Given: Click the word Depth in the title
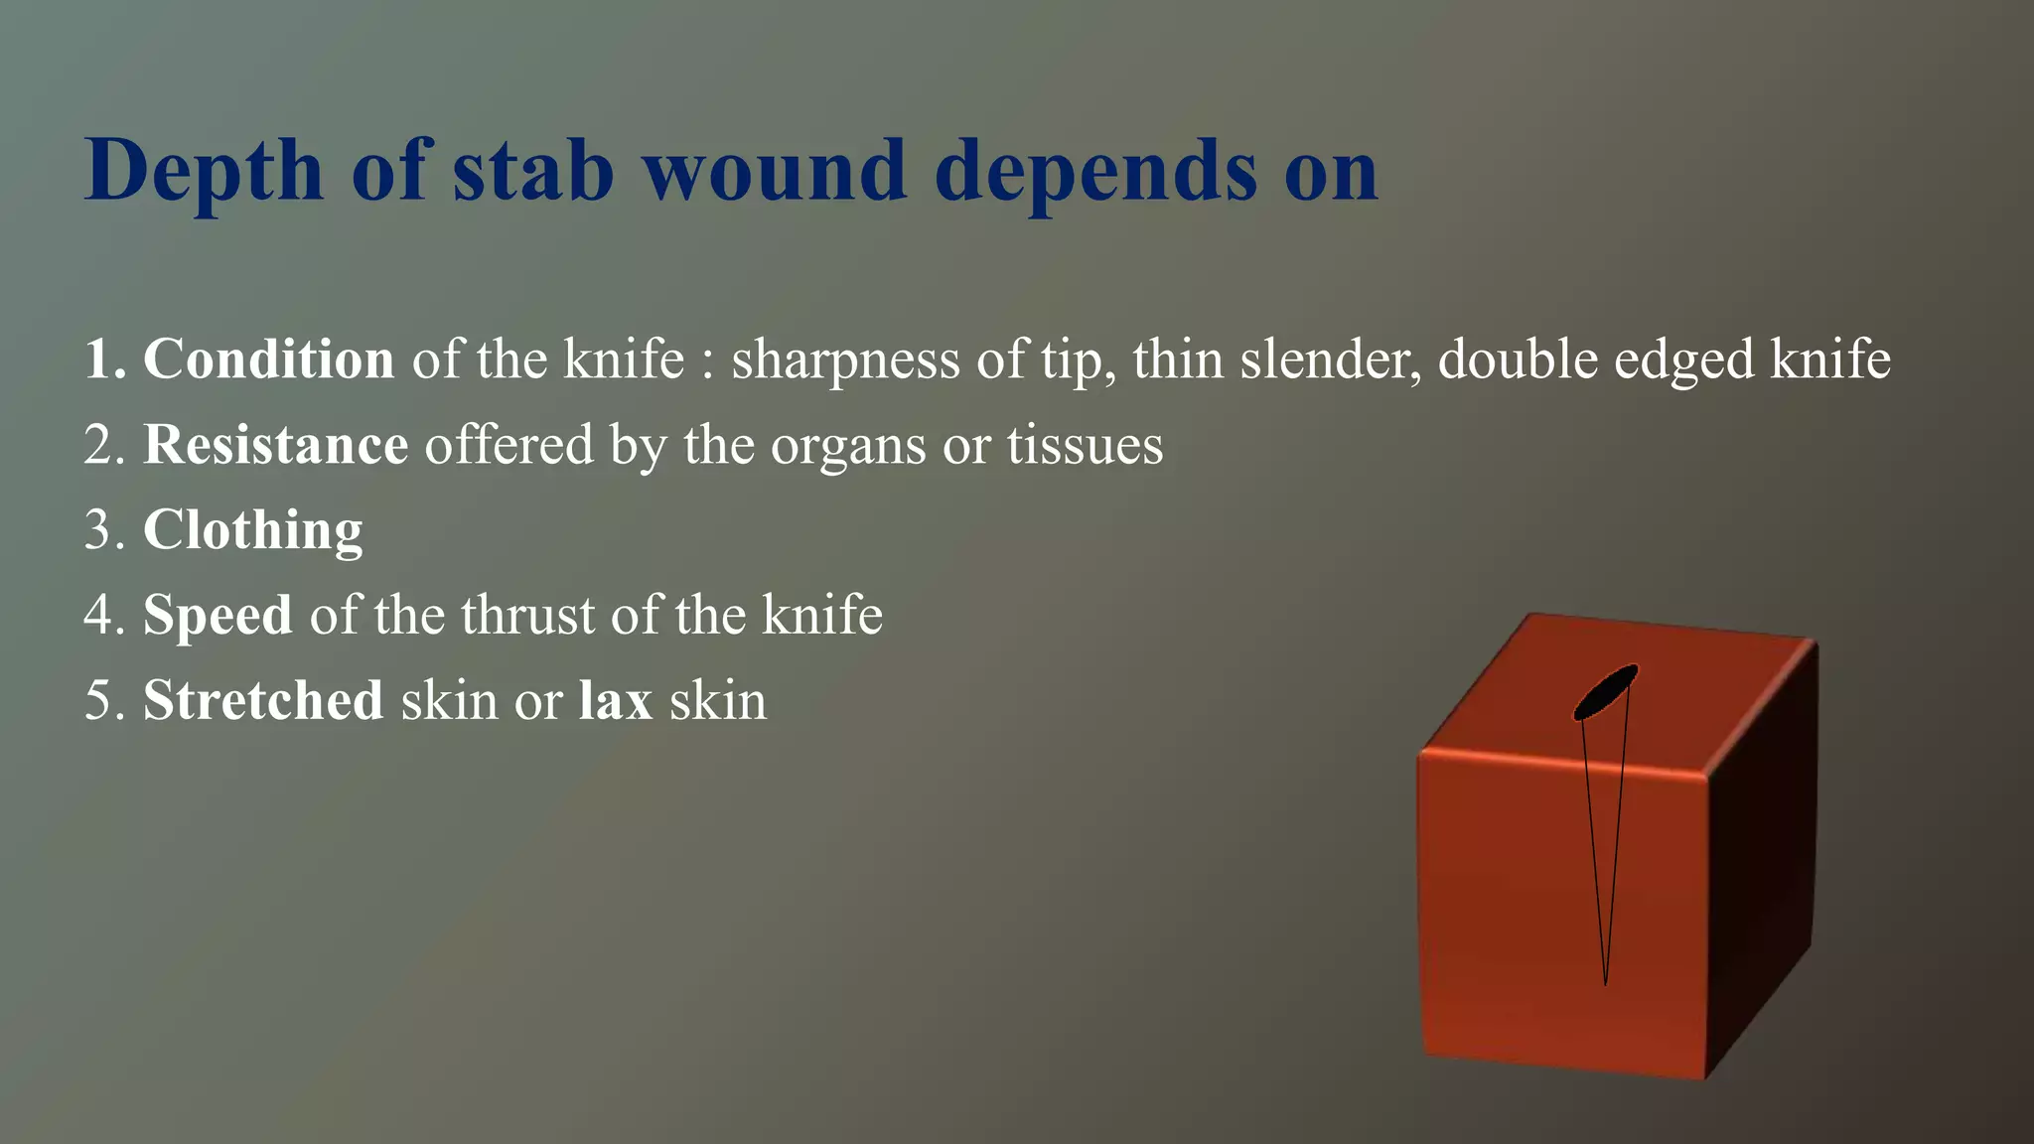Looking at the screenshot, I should [204, 172].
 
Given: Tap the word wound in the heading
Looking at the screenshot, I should [775, 170].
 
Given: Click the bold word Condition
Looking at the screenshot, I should [268, 358].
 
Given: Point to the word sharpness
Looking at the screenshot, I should [845, 360].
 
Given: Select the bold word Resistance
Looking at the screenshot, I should [275, 444].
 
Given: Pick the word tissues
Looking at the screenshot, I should [1085, 445].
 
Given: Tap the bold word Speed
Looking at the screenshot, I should [218, 616].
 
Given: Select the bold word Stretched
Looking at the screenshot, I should [263, 700].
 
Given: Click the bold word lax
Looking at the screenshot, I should [615, 700].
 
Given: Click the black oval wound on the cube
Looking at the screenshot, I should [1605, 692].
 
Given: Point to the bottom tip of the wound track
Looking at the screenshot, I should [1605, 981].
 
